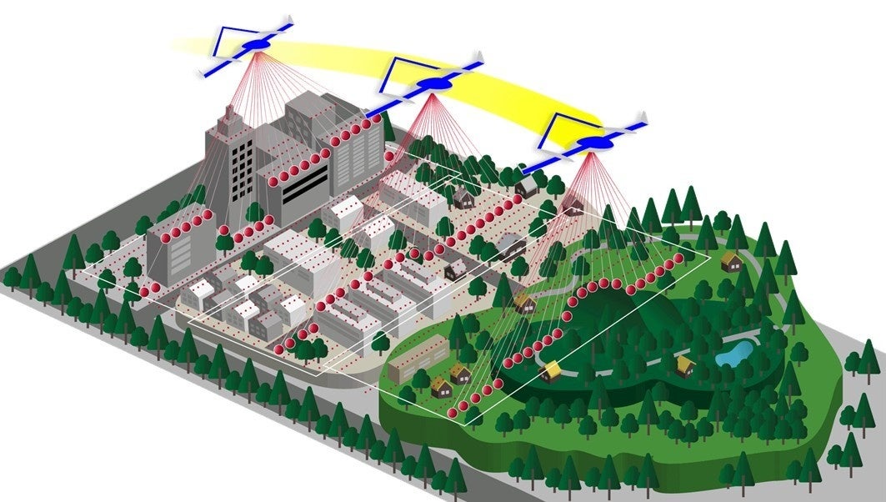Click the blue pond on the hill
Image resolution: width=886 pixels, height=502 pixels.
(735, 353)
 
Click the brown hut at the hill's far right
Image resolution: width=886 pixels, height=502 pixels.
(731, 262)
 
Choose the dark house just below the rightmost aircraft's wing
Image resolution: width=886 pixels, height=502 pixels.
(526, 187)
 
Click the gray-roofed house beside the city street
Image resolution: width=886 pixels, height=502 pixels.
(511, 245)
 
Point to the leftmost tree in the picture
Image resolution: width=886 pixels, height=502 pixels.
(12, 276)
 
